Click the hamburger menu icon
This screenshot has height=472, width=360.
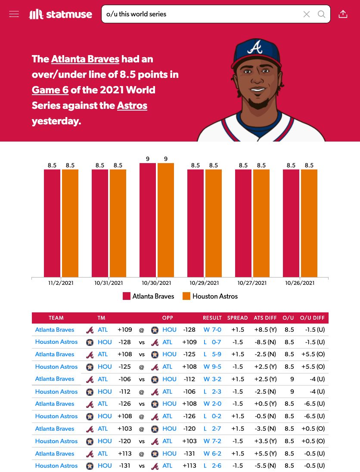pos(14,14)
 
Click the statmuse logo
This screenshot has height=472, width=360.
pos(61,14)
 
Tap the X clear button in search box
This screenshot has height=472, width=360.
pos(307,14)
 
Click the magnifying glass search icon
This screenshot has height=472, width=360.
pos(321,14)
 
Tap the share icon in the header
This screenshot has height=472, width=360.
pos(343,14)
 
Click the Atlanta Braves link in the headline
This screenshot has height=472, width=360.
pos(85,59)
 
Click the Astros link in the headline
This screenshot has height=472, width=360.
pos(132,105)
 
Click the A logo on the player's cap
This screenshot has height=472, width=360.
pos(257,47)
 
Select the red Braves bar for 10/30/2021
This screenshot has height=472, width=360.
pos(148,220)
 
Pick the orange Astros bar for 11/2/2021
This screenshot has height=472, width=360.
pos(70,223)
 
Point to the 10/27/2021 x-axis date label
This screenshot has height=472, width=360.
pos(252,283)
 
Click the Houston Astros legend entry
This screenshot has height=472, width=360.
pos(210,296)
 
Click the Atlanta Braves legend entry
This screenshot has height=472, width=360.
pos(149,296)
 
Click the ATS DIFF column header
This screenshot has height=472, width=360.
pos(265,318)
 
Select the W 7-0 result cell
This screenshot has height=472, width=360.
pos(212,330)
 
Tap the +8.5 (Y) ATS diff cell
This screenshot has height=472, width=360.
pos(265,330)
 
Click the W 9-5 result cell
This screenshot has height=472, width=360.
pos(212,367)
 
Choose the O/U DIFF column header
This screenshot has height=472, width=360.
pos(312,318)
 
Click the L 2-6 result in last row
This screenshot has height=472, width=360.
pos(212,466)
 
